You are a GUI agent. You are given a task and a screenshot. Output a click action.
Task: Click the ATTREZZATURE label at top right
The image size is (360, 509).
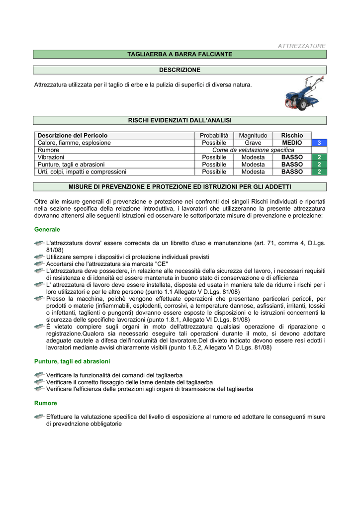point(301,46)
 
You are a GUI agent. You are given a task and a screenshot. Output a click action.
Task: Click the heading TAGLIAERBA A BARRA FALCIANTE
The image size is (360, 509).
point(180,54)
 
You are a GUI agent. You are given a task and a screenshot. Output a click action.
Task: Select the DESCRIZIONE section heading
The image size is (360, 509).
point(180,70)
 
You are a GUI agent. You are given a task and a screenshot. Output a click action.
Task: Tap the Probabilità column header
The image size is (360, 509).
point(214,135)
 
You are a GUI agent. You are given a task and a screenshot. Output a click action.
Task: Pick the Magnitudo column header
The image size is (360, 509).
point(253,135)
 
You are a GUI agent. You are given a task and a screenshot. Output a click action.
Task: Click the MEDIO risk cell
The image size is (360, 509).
point(292,143)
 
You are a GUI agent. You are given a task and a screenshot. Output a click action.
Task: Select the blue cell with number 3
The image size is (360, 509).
point(319,143)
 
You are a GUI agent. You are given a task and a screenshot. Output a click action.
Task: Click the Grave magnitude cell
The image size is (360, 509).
point(253,143)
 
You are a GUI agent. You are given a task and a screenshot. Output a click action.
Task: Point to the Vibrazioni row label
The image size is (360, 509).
point(48,157)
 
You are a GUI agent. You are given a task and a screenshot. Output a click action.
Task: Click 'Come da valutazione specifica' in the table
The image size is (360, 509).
point(253,150)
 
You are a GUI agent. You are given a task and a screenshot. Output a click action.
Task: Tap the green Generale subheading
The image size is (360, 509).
point(47,230)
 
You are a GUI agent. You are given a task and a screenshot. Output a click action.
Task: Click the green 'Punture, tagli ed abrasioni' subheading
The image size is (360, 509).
point(72,361)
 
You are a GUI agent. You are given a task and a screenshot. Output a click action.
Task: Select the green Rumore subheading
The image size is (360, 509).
point(45,403)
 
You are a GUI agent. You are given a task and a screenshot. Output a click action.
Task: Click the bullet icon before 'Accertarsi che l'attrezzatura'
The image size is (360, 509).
point(39,264)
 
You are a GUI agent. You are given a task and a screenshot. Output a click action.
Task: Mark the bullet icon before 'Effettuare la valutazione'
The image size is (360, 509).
point(39,417)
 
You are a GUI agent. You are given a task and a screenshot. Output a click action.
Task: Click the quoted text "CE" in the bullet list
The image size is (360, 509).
point(162,264)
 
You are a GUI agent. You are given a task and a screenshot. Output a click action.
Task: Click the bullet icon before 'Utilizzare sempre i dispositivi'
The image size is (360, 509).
point(39,257)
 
